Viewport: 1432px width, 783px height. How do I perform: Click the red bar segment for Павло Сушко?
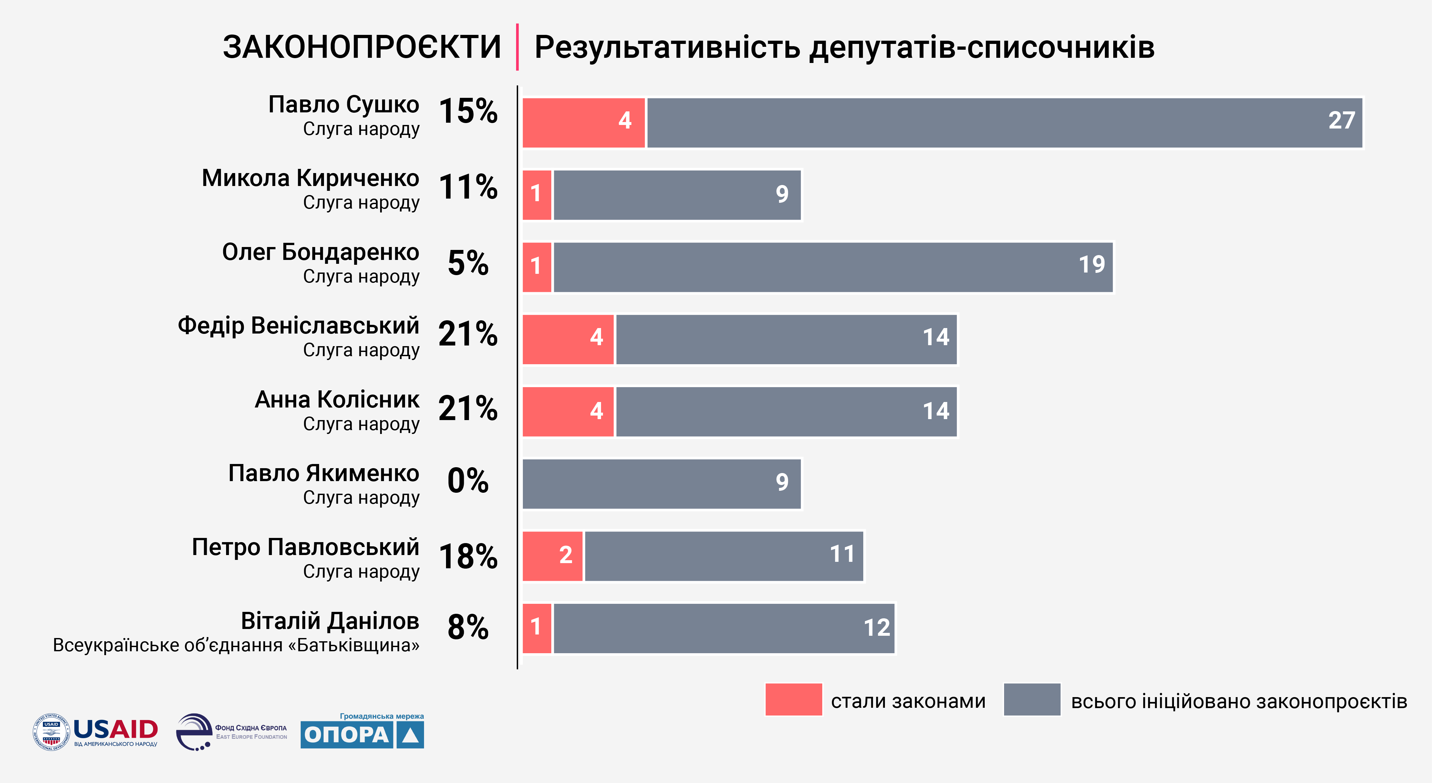coord(584,123)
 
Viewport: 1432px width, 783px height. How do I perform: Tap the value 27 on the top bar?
coord(1341,120)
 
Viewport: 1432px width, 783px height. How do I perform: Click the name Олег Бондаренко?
coord(321,252)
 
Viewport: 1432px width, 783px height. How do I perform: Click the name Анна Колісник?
coord(337,399)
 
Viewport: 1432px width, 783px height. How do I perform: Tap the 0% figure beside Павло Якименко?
coord(468,481)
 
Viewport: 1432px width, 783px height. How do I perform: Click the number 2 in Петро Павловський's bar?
coord(566,555)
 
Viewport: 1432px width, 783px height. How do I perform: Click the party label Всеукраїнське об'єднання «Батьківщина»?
coord(236,645)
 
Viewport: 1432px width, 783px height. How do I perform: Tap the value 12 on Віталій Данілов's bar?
coord(877,628)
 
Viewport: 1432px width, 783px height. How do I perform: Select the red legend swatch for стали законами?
coord(793,700)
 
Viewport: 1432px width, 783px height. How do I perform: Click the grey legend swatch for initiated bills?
coord(1032,700)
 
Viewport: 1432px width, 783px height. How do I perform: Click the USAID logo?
coord(96,732)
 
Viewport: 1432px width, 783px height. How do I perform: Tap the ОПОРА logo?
coord(362,734)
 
